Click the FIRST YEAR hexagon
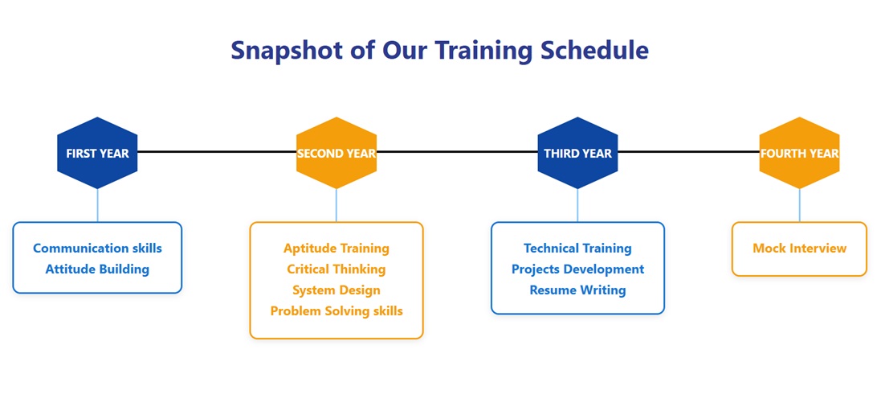pyautogui.click(x=97, y=153)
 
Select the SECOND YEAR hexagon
pyautogui.click(x=337, y=153)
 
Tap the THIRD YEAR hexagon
pyautogui.click(x=577, y=153)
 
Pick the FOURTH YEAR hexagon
pyautogui.click(x=799, y=153)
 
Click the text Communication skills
pyautogui.click(x=97, y=248)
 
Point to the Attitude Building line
pyautogui.click(x=97, y=269)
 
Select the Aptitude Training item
pyautogui.click(x=337, y=248)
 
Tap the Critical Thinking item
pyautogui.click(x=337, y=269)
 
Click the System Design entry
pyautogui.click(x=337, y=290)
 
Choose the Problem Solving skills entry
pyautogui.click(x=337, y=311)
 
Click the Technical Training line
pyautogui.click(x=577, y=248)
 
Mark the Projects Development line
pyautogui.click(x=577, y=269)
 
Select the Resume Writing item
pyautogui.click(x=577, y=290)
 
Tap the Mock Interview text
pyautogui.click(x=799, y=248)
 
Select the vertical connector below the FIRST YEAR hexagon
pyautogui.click(x=97, y=205)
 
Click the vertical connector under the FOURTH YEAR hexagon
pyautogui.click(x=799, y=205)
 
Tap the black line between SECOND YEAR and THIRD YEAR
pyautogui.click(x=457, y=151)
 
